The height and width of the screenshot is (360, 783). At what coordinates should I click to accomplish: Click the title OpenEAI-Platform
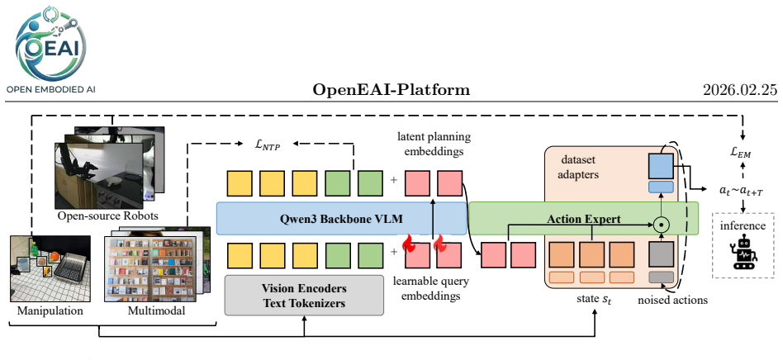click(x=391, y=90)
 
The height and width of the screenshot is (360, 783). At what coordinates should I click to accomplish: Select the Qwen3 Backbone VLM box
click(x=342, y=218)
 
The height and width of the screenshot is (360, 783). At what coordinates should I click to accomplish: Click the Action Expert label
click(x=583, y=219)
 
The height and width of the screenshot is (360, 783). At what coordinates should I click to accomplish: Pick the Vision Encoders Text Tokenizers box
click(x=304, y=295)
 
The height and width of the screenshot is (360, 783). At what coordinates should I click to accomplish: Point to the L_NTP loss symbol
click(x=268, y=145)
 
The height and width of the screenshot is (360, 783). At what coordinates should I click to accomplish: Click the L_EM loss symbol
click(x=741, y=154)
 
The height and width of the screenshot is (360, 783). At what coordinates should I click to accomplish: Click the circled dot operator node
click(x=661, y=225)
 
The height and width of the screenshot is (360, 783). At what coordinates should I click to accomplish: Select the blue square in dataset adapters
click(x=661, y=166)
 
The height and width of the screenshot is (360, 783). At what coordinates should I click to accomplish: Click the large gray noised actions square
click(x=661, y=254)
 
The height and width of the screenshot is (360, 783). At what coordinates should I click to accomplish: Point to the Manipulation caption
click(x=50, y=310)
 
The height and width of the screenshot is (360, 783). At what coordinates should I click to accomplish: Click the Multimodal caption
click(x=156, y=310)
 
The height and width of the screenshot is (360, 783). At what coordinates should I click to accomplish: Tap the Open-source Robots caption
click(x=108, y=216)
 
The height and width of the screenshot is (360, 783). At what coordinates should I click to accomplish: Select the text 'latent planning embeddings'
click(x=434, y=144)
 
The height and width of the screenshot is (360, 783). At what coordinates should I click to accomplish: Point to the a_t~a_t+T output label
click(x=741, y=190)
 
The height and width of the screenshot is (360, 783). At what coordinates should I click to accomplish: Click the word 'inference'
click(x=743, y=225)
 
